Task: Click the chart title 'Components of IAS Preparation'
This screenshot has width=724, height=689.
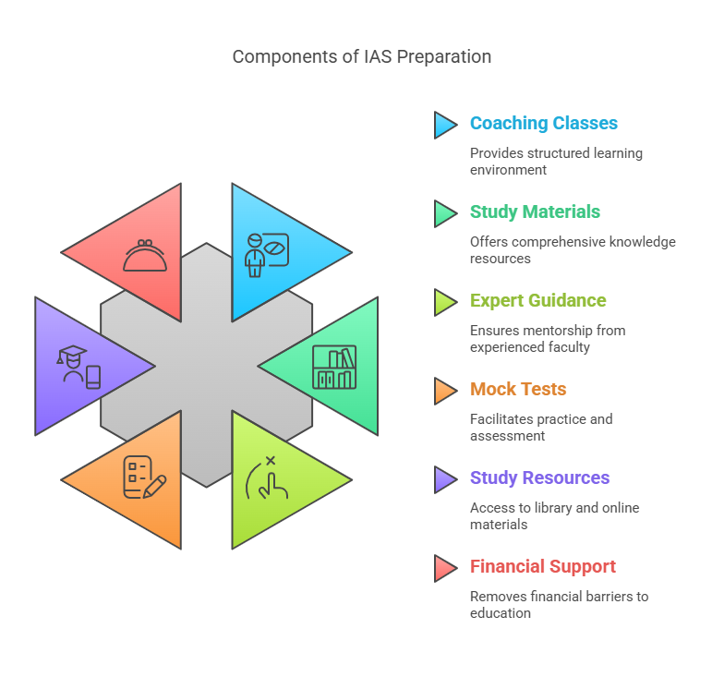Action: pos(361,56)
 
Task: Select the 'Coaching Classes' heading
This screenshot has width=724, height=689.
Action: pos(543,124)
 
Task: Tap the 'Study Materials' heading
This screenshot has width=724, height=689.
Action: pos(535,212)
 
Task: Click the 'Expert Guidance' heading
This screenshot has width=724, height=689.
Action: pos(537,301)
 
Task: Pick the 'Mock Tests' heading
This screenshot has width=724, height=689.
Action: pos(517,390)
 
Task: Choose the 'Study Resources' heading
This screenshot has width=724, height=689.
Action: pos(539,478)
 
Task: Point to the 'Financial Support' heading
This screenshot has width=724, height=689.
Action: pos(542,567)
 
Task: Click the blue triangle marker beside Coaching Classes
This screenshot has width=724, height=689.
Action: pos(444,125)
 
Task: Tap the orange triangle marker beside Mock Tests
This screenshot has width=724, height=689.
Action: pos(444,391)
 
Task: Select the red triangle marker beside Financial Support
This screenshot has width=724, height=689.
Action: pos(444,568)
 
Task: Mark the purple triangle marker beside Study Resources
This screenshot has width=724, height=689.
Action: pos(444,479)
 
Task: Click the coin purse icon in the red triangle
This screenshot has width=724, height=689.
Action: pos(145,256)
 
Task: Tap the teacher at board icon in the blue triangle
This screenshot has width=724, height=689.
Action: pos(267,254)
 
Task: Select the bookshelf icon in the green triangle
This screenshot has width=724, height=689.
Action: pos(333,367)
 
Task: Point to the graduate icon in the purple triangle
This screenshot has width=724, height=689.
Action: pos(78,367)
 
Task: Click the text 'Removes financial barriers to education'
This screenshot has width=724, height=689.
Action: pos(559,604)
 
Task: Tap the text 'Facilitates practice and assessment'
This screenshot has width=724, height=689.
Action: pos(540,427)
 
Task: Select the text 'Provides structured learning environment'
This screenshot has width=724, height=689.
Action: pos(556,161)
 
